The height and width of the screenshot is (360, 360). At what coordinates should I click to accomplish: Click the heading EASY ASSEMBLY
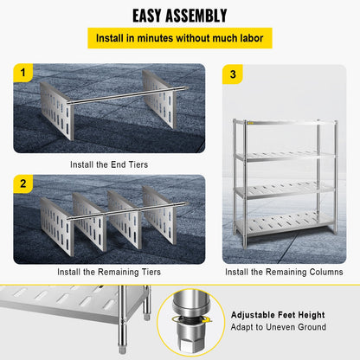coord(179,16)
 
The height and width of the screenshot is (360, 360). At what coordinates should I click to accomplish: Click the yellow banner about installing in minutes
coord(179,39)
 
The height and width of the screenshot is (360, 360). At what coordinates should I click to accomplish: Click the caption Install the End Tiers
coord(109,163)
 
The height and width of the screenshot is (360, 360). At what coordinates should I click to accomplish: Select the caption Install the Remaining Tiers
coord(109,272)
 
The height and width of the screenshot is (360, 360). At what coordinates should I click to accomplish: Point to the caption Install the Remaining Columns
coord(284,272)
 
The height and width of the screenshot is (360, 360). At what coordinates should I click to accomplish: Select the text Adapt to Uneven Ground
coord(277,327)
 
